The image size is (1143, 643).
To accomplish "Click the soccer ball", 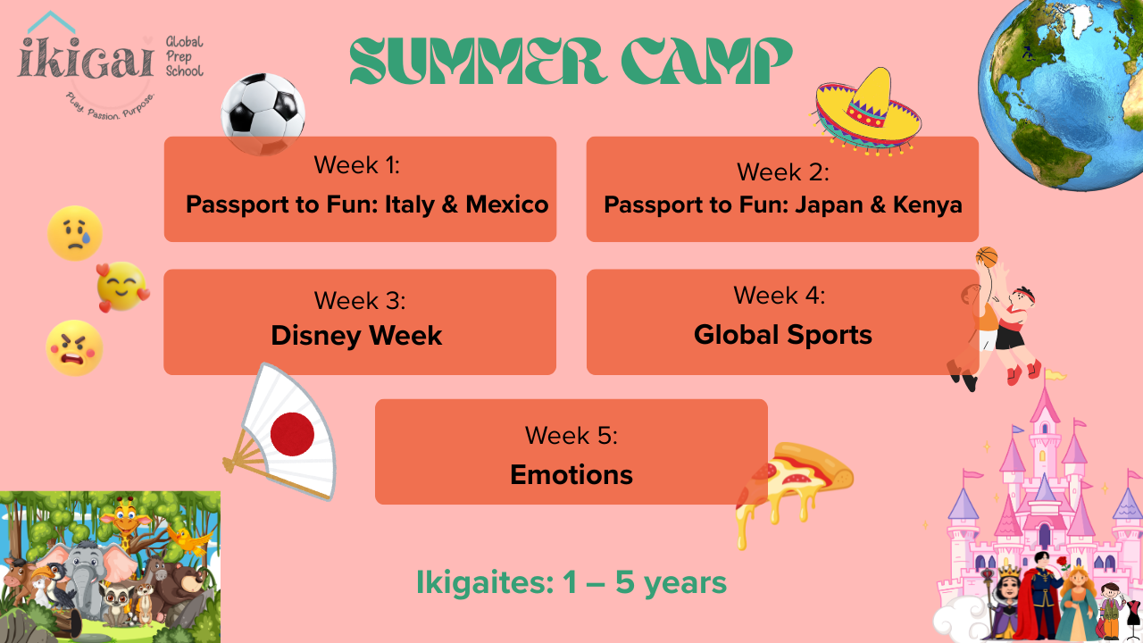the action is coord(263,114).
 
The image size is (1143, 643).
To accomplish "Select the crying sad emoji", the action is coord(75,233).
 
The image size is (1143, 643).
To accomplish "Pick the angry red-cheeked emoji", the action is coord(74,348).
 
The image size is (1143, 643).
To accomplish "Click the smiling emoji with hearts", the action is coord(122,287).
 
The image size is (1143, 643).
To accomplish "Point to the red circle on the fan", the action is coord(292,434).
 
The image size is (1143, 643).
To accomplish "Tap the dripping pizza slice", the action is coord(794,490).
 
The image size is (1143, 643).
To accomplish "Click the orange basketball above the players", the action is coord(987,257).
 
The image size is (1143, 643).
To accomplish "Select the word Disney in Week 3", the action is coord(316,336).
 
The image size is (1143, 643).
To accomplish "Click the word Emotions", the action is coord(571,474).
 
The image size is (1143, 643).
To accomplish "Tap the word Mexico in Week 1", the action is coord(506,205).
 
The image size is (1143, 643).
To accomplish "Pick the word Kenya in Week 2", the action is coord(927,205).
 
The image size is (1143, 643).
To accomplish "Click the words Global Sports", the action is coord(783,335).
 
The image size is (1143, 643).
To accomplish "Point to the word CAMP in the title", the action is coord(706,60).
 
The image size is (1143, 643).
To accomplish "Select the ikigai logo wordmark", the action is coord(86,58).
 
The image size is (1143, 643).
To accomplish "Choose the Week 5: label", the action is coord(571,435).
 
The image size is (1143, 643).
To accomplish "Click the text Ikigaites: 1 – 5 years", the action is coord(571,582).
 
